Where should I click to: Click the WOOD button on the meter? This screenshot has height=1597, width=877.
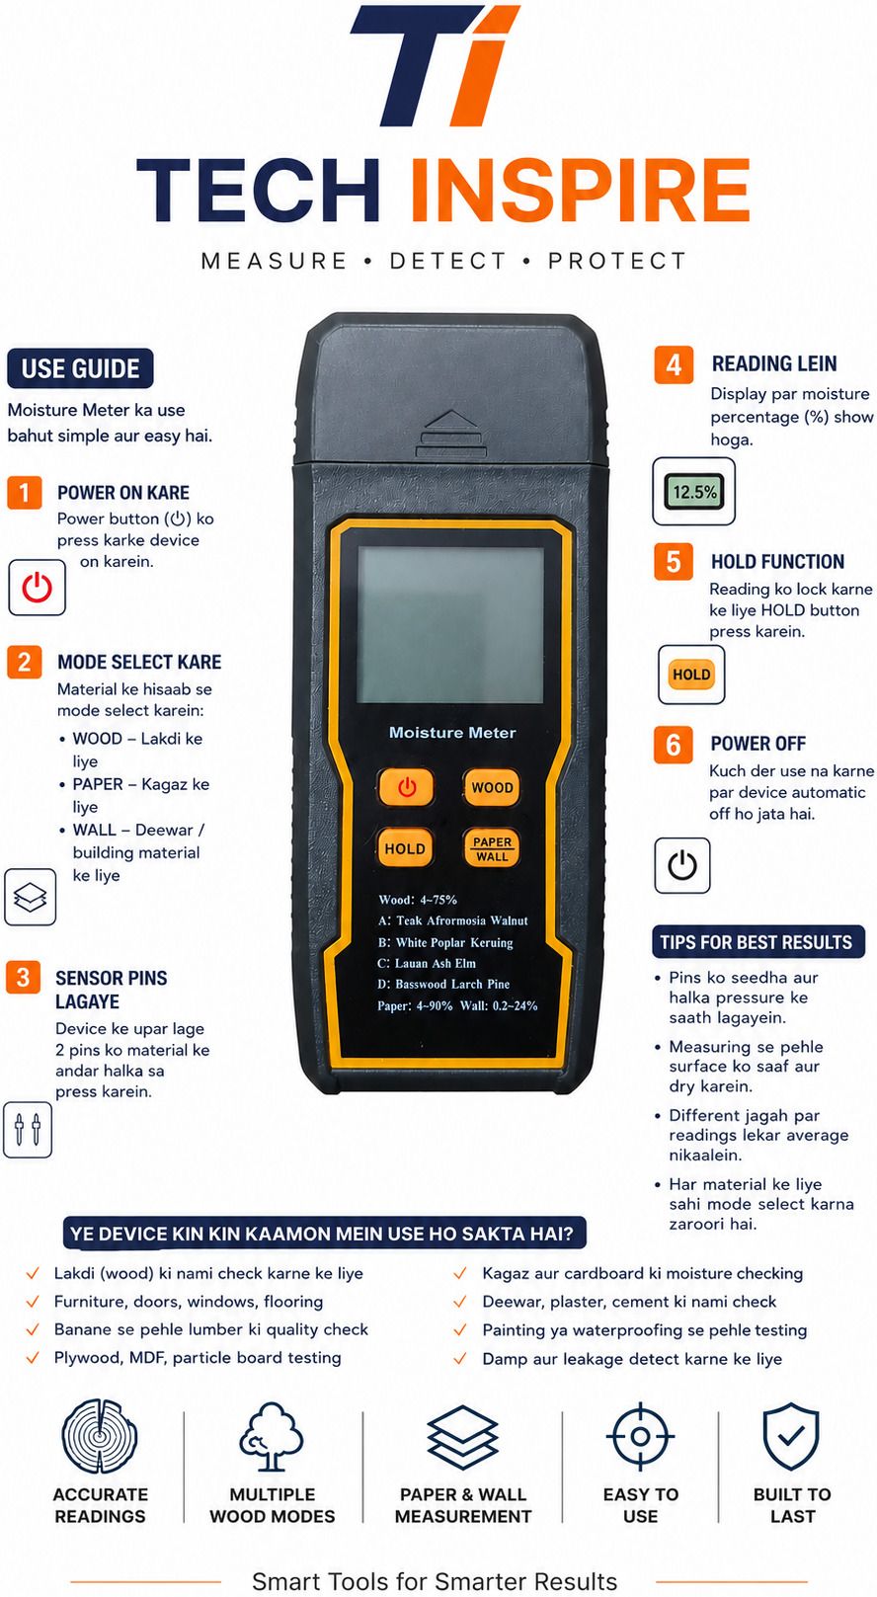click(492, 787)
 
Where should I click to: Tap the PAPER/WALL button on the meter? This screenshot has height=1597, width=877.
click(492, 848)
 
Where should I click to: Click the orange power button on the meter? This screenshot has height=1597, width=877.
click(406, 787)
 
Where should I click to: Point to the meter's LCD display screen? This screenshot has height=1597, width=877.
click(450, 624)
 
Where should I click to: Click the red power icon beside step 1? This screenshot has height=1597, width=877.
click(38, 588)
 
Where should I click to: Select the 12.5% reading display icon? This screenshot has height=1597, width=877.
click(693, 491)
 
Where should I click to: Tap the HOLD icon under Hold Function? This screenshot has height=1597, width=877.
click(691, 675)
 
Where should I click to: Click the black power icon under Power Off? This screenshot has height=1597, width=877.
click(682, 865)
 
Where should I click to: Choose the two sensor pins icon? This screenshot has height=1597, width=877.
click(28, 1129)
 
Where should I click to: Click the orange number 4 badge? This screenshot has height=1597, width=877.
click(674, 365)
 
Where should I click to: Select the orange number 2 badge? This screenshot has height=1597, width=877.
click(25, 663)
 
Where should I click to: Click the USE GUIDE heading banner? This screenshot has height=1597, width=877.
click(80, 368)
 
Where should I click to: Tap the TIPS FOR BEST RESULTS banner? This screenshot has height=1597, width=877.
click(757, 942)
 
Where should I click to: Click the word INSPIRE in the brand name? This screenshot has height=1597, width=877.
click(580, 190)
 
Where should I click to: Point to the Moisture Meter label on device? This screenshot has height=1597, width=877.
click(452, 732)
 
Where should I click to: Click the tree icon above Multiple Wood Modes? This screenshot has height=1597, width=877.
click(271, 1437)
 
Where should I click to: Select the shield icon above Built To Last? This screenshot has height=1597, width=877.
click(791, 1436)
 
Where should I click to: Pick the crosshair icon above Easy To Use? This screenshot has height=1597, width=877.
click(640, 1436)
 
